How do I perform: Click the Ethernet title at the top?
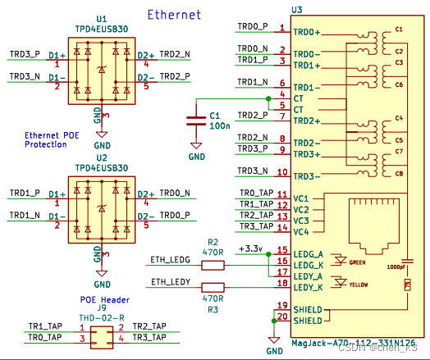click(174, 15)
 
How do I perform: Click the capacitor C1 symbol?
click(195, 120)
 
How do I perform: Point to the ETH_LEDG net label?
click(170, 260)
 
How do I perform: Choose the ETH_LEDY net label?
click(170, 283)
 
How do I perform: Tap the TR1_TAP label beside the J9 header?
click(45, 326)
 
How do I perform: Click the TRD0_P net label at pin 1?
click(252, 26)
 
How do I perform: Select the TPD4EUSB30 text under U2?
click(101, 167)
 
